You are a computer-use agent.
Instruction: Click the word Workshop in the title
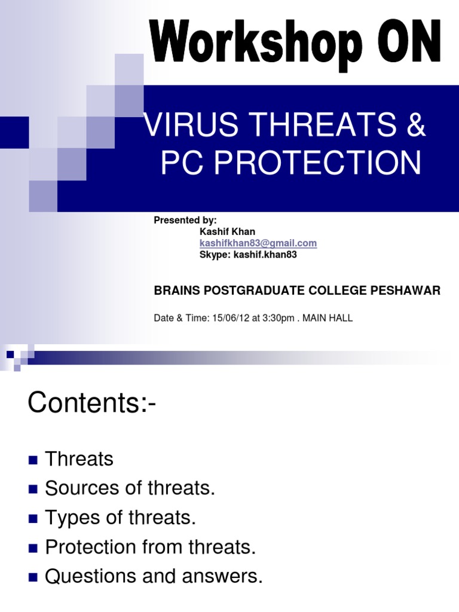(x=256, y=44)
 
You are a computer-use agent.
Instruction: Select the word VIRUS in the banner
(x=191, y=124)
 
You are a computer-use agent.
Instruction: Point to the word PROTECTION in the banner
(x=318, y=163)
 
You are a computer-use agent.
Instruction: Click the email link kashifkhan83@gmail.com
(x=258, y=243)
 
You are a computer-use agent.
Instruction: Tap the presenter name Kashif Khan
(x=227, y=231)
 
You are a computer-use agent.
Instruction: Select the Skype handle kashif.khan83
(x=265, y=255)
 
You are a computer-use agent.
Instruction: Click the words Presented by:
(x=185, y=221)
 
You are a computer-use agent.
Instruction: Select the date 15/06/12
(x=231, y=318)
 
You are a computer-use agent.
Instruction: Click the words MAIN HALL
(x=328, y=318)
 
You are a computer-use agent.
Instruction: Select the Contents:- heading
(x=91, y=402)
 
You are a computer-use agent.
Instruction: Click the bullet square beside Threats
(x=33, y=460)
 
